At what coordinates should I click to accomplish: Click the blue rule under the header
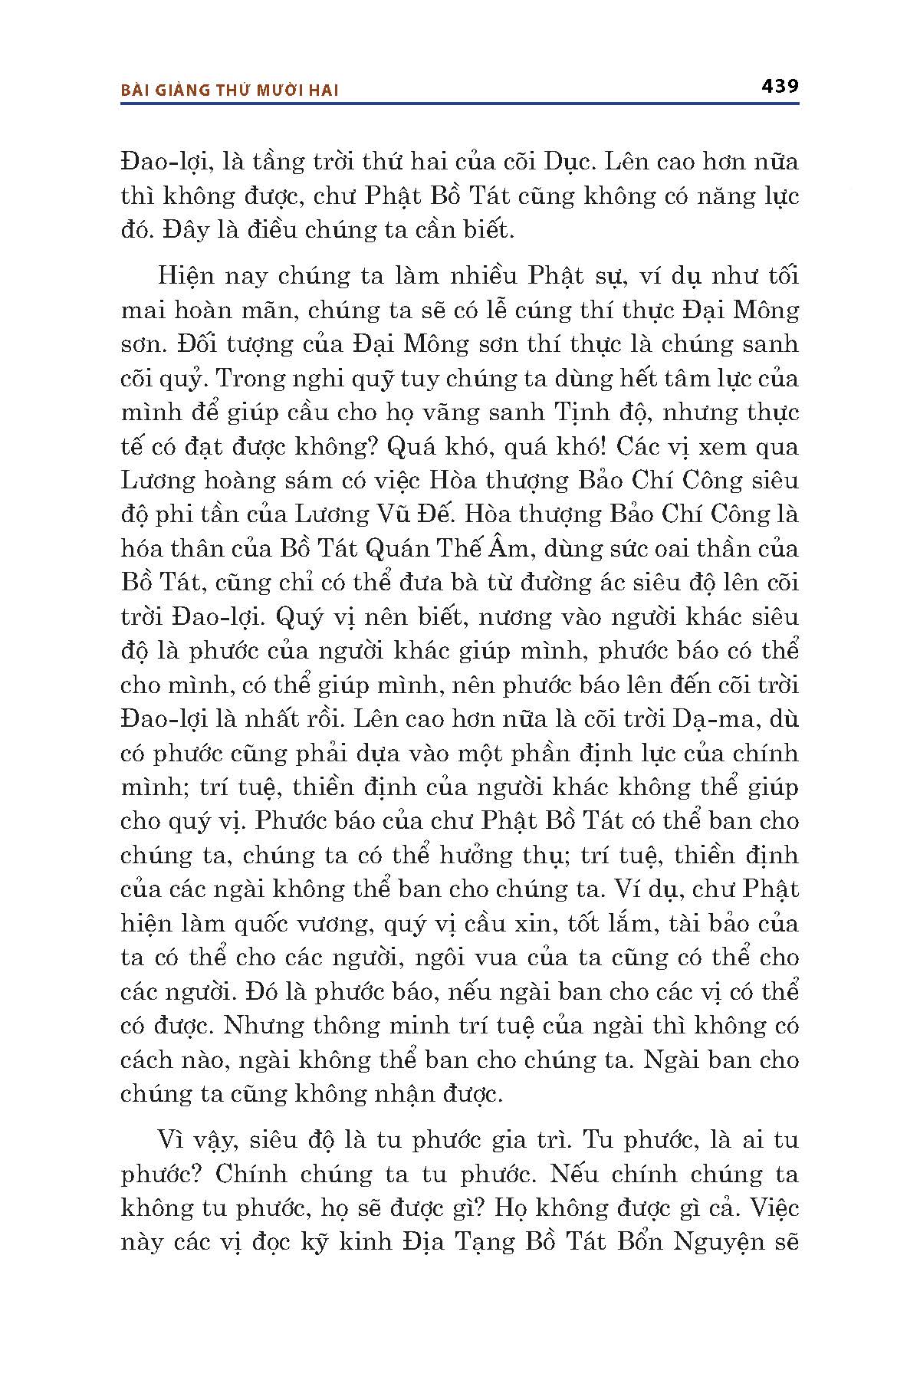460,102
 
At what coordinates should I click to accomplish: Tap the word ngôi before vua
435,958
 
